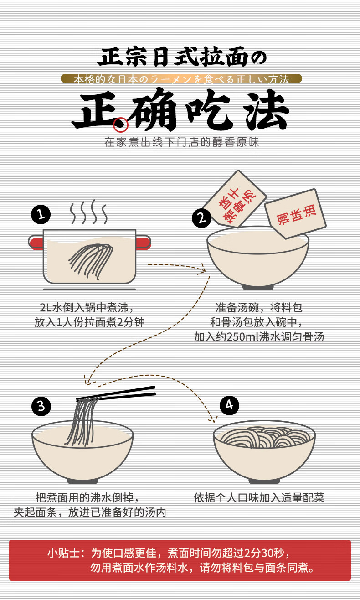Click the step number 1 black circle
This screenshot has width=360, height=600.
coord(41,214)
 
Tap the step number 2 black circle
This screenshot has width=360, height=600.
coord(201,218)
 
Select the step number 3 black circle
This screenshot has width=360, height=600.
coord(41,406)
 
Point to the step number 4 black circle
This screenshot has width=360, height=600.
coord(229,405)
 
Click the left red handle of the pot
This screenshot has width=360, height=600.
coord(36,243)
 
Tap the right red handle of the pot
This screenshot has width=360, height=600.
coord(143,243)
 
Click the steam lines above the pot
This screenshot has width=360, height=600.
coord(89,212)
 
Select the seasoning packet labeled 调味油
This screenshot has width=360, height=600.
coord(295,214)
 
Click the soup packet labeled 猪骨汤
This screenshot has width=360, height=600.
coord(235,199)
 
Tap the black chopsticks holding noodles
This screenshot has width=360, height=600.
coord(116,393)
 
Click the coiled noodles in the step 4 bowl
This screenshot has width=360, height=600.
coord(264,437)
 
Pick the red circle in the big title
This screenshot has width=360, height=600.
coord(121,125)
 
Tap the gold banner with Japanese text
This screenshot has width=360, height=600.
coord(181,79)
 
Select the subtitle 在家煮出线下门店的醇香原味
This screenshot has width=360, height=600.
coord(182,142)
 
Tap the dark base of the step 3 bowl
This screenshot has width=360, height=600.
coord(82,481)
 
